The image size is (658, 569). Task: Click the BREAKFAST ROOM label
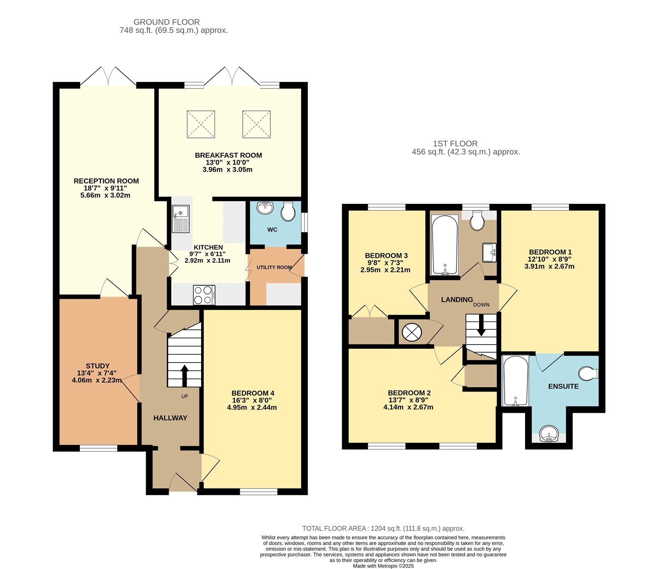(x=228, y=155)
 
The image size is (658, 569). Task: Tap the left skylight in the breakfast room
(x=201, y=124)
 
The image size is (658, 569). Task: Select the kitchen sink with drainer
(x=181, y=219)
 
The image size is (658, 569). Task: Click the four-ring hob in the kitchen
(x=204, y=295)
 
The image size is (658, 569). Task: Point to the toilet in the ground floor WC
(x=288, y=212)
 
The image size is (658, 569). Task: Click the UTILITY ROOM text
(x=274, y=267)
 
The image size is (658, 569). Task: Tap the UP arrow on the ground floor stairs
(x=184, y=375)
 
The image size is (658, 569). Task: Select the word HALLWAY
(x=170, y=418)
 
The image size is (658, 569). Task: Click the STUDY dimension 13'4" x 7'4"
(x=97, y=373)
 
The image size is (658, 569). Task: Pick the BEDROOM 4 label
(x=253, y=393)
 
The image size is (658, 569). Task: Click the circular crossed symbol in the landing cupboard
(x=412, y=332)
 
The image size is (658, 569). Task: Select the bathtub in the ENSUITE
(x=515, y=381)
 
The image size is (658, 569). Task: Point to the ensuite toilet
(x=588, y=374)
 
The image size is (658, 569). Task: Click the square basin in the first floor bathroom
(x=489, y=252)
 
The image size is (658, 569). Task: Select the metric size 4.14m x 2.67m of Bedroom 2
(x=408, y=407)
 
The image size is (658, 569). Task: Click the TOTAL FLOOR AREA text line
(x=383, y=528)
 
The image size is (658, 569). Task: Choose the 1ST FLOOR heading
(x=455, y=143)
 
